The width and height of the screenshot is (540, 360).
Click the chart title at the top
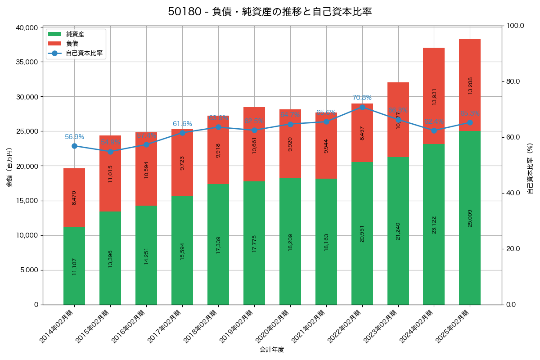tap(270, 12)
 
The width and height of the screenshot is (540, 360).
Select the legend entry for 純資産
tap(75, 34)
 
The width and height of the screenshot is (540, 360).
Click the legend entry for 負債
tap(72, 44)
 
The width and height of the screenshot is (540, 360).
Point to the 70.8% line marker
tap(362, 107)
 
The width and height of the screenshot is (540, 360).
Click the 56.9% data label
tap(74, 137)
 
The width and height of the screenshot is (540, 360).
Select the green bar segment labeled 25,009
tap(470, 218)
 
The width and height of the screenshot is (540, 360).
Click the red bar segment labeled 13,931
tap(434, 96)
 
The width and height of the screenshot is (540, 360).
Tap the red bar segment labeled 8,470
tap(74, 198)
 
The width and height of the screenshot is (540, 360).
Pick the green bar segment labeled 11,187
tap(74, 265)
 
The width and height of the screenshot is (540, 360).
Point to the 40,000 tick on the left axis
tap(27, 27)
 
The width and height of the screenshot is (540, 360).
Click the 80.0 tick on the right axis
tap(513, 81)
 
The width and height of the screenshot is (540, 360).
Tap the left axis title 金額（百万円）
tap(9, 167)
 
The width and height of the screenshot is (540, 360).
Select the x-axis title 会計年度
tap(272, 350)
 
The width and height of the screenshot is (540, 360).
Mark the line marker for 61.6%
tap(182, 133)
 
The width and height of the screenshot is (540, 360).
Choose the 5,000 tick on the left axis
tap(29, 270)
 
